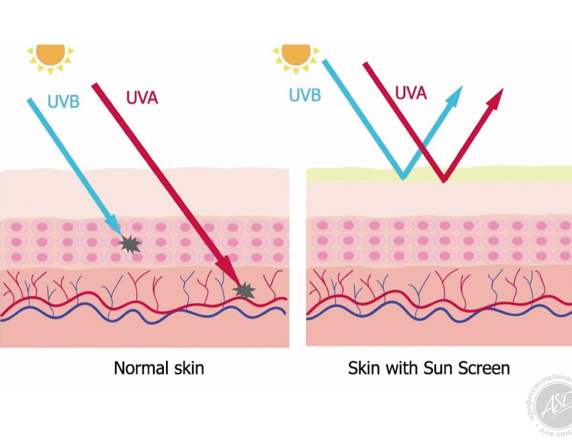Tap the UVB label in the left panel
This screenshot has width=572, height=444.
point(63,102)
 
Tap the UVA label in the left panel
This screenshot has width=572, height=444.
point(142,98)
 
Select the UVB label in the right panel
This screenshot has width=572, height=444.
point(305,95)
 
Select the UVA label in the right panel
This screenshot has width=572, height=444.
point(410,93)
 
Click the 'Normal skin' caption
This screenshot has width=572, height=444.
point(159,368)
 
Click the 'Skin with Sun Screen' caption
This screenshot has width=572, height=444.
point(428,368)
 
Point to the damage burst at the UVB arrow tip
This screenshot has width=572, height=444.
point(130,244)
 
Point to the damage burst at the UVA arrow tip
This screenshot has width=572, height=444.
point(244,291)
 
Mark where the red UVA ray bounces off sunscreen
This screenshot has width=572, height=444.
point(444,180)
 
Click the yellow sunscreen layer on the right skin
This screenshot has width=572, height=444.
point(513,173)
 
